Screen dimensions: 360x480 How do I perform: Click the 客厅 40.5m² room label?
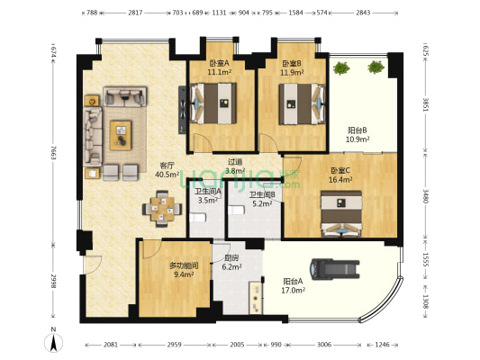[x=166, y=170]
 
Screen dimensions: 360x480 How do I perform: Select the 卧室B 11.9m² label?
[x=293, y=67]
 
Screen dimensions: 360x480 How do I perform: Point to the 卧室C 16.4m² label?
[x=340, y=175]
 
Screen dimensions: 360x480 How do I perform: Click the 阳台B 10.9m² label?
[x=358, y=135]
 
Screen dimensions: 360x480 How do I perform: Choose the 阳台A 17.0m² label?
[x=293, y=285]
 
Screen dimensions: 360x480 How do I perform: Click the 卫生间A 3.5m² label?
[x=209, y=195]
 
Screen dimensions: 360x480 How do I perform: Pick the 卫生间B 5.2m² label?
[x=263, y=199]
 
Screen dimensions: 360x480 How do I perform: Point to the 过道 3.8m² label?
[x=234, y=167]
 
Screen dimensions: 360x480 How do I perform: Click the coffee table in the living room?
[x=120, y=135]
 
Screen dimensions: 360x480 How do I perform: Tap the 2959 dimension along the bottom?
[x=174, y=345]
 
